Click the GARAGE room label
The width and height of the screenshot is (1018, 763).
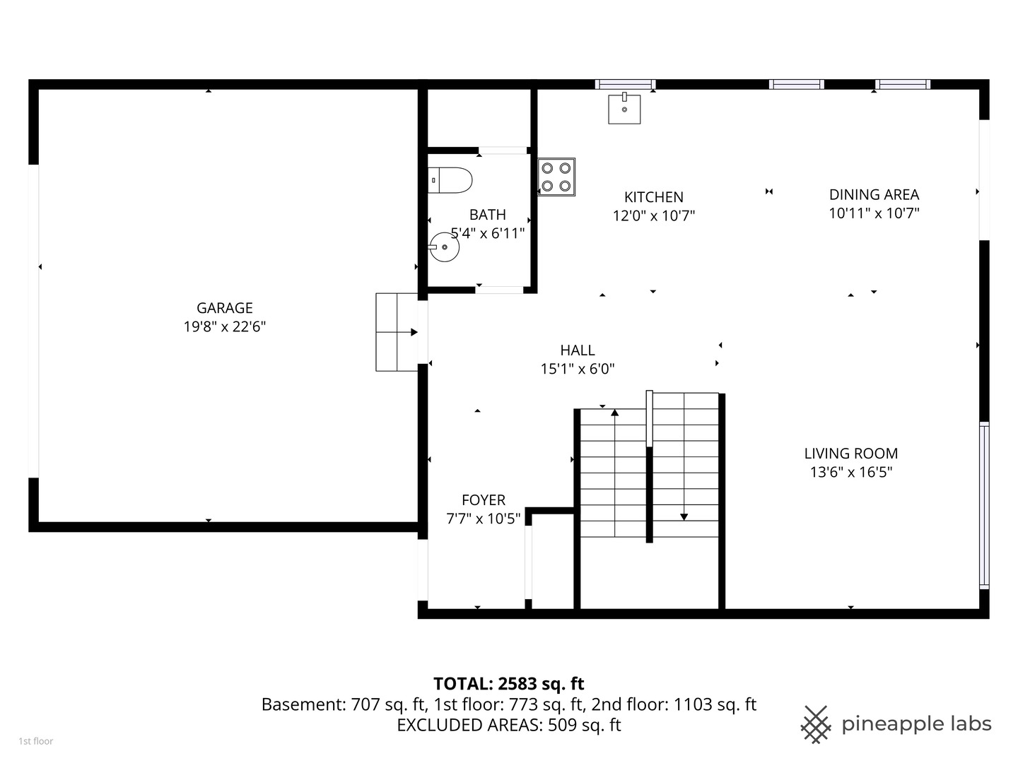[224, 308]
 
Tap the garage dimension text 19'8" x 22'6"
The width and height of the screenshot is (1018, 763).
[224, 326]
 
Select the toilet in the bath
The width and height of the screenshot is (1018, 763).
[450, 180]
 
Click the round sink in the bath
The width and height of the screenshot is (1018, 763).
[444, 247]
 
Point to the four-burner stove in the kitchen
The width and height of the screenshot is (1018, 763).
[556, 177]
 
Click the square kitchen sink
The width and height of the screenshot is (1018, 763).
[624, 109]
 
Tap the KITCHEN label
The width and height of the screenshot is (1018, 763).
[653, 197]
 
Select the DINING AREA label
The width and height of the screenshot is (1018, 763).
[874, 194]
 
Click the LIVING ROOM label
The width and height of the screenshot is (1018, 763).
[850, 454]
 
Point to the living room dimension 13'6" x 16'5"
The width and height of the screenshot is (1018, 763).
[850, 472]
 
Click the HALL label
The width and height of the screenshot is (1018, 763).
[577, 350]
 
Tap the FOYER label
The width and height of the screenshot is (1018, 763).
[484, 499]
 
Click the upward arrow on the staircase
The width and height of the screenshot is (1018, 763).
[614, 413]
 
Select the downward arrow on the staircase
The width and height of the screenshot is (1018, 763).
[684, 516]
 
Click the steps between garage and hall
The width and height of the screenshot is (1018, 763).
[397, 332]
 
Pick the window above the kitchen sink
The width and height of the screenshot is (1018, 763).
[625, 84]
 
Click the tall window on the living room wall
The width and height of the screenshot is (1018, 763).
[983, 505]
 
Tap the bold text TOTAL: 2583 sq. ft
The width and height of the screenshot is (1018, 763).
[508, 683]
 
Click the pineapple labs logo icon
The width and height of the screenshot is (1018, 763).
[815, 724]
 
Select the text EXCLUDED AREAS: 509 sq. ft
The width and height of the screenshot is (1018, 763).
[508, 725]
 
